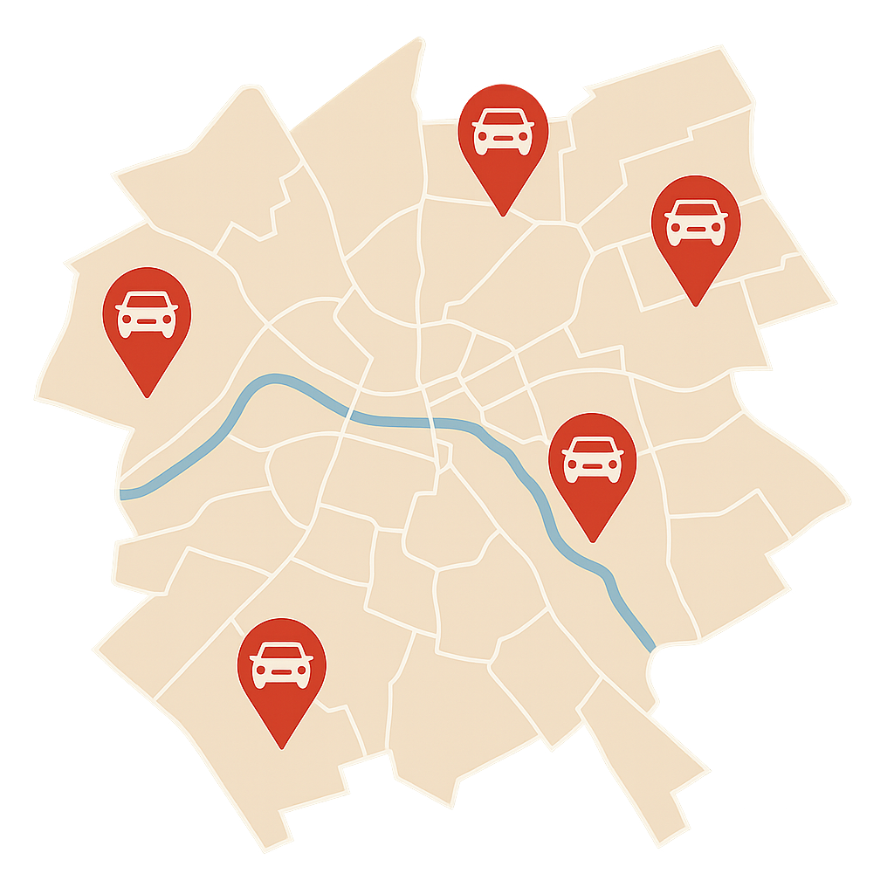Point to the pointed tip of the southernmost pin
click(281, 748)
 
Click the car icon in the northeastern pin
click(695, 223)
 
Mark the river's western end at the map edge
click(123, 494)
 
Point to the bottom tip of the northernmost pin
click(502, 216)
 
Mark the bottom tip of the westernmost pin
click(147, 396)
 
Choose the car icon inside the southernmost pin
click(281, 664)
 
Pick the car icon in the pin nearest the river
click(593, 459)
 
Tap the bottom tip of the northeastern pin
click(695, 306)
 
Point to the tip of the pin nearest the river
click(593, 541)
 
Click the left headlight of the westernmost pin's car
click(127, 320)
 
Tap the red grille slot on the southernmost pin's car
click(281, 673)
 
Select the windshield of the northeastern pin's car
click(695, 210)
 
